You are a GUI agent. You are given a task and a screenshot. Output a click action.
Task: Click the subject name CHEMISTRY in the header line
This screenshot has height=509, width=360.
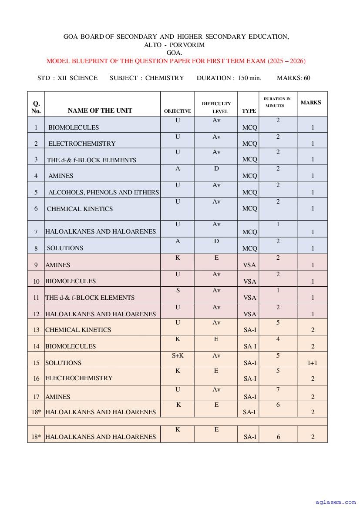pyautogui.click(x=165, y=78)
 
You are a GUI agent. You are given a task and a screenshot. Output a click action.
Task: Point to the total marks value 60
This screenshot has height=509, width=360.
pyautogui.click(x=307, y=78)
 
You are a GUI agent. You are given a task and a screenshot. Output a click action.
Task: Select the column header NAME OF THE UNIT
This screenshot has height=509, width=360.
pyautogui.click(x=100, y=111)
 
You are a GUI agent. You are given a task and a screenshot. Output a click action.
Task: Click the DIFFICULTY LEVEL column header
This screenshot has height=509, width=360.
pyautogui.click(x=216, y=107)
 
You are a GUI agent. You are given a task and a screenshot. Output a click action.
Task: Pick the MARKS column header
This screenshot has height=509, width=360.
pyautogui.click(x=311, y=103)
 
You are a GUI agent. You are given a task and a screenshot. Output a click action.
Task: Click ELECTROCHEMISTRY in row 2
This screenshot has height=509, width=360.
pyautogui.click(x=82, y=144)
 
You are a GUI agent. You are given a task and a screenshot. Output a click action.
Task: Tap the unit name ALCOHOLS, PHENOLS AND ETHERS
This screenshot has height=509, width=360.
pyautogui.click(x=104, y=192)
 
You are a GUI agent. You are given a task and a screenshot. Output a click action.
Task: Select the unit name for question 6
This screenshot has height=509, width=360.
pyautogui.click(x=80, y=209)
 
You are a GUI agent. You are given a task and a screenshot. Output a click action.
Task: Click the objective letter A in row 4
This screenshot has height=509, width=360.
pyautogui.click(x=178, y=169)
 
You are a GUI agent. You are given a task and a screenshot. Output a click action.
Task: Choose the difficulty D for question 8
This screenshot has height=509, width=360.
pyautogui.click(x=216, y=241)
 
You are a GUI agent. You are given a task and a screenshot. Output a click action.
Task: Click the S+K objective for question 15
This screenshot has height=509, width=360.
pyautogui.click(x=178, y=355)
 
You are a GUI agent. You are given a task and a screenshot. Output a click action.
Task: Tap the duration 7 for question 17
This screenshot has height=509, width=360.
pyautogui.click(x=278, y=389)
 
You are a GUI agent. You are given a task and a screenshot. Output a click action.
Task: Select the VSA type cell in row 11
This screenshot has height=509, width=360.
pyautogui.click(x=249, y=298)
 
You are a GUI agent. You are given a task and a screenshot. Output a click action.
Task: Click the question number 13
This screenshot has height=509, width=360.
pyautogui.click(x=36, y=330)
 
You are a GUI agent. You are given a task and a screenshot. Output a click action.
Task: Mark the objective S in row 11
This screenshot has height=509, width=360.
pyautogui.click(x=178, y=290)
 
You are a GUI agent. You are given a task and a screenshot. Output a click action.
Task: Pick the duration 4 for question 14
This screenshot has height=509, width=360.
pyautogui.click(x=278, y=339)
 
